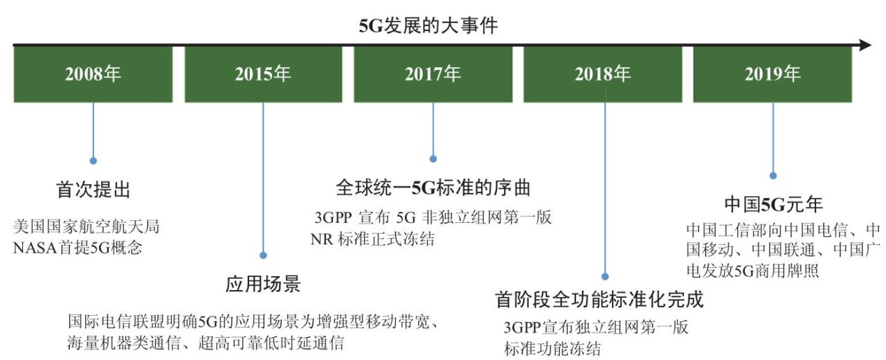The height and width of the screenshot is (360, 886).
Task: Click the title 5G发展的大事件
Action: (428, 26)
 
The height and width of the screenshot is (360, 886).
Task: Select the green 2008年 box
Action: (93, 74)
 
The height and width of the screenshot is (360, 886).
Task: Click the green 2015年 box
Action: (264, 74)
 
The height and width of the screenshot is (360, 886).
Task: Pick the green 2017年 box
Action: (433, 74)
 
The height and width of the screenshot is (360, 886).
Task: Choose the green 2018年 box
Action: (603, 74)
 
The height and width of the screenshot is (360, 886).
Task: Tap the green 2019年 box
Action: (772, 74)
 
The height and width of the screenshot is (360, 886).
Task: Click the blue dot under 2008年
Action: (93, 161)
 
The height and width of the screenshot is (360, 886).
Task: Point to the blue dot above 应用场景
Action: (264, 255)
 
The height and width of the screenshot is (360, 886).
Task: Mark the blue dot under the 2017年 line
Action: (433, 159)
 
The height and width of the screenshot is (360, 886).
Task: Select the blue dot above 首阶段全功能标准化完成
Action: (605, 276)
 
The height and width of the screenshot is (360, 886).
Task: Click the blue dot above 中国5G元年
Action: (773, 175)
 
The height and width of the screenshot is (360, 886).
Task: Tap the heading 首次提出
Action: (93, 190)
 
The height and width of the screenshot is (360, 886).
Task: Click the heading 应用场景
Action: (264, 284)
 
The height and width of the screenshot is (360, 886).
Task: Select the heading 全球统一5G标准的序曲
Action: (433, 188)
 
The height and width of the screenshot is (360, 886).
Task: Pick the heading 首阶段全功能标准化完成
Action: (599, 299)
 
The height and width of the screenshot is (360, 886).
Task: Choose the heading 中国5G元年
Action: (773, 204)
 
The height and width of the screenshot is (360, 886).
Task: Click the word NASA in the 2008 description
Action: (35, 248)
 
